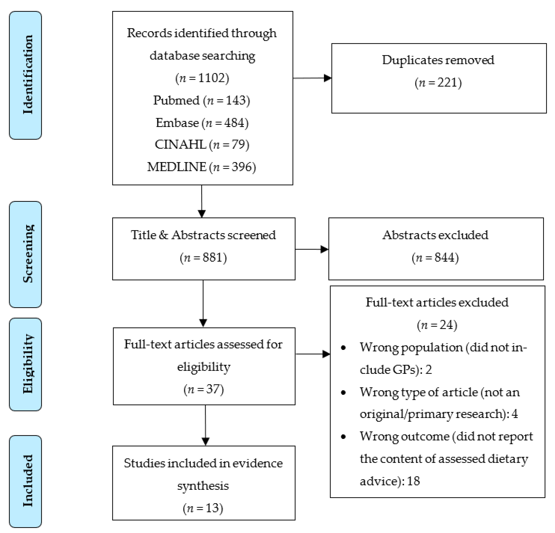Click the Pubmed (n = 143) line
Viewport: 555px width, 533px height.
pyautogui.click(x=202, y=100)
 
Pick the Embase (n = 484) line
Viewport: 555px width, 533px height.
pyautogui.click(x=202, y=123)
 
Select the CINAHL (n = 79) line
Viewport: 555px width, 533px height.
pyautogui.click(x=202, y=145)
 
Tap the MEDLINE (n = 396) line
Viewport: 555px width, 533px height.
pyautogui.click(x=202, y=167)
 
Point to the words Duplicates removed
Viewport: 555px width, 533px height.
pyautogui.click(x=438, y=60)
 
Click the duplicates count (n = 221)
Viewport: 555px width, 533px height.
pyautogui.click(x=438, y=83)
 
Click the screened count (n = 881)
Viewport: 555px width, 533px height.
pyautogui.click(x=203, y=258)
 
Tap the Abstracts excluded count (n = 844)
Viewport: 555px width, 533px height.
pyautogui.click(x=435, y=258)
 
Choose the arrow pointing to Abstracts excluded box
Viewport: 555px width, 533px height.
pyautogui.click(x=312, y=249)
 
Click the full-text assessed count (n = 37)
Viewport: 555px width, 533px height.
pyautogui.click(x=204, y=389)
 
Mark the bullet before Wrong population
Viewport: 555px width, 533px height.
pyautogui.click(x=344, y=348)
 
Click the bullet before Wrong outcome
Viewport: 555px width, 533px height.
pyautogui.click(x=344, y=437)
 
